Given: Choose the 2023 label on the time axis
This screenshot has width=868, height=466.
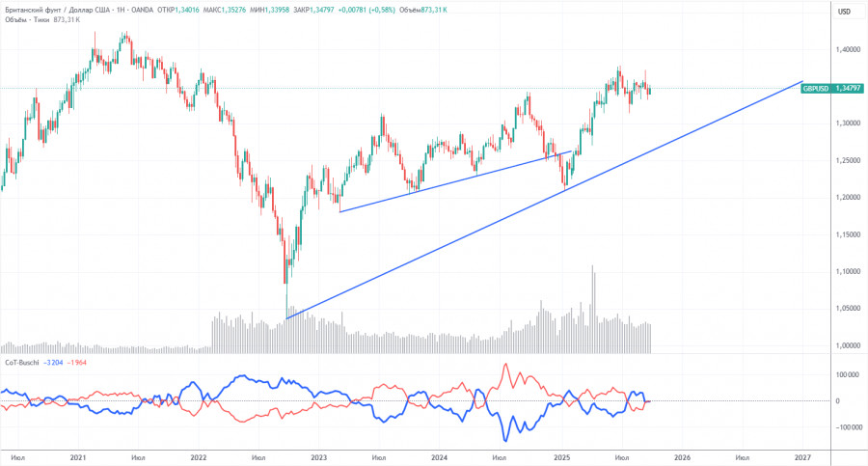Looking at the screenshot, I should pyautogui.click(x=318, y=456).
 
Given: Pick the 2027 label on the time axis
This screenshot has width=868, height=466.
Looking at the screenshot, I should pyautogui.click(x=801, y=456).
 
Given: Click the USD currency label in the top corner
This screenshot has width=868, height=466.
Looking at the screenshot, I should pyautogui.click(x=844, y=12).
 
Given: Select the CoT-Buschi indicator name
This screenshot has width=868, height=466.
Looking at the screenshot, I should pyautogui.click(x=22, y=361).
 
